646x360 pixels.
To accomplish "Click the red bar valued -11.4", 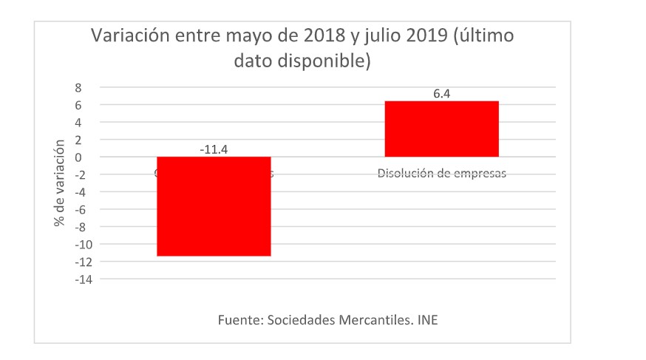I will pyautogui.click(x=213, y=206).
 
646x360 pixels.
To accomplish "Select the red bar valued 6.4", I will pyautogui.click(x=441, y=129).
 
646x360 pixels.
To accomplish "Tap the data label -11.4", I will pyautogui.click(x=214, y=149).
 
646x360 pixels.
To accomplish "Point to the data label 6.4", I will pyautogui.click(x=441, y=94).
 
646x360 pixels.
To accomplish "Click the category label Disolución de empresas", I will pyautogui.click(x=441, y=174).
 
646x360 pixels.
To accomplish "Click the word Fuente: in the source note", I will pyautogui.click(x=241, y=321).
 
